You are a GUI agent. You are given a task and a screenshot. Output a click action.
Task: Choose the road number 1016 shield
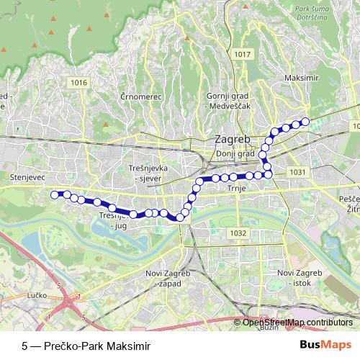point(79,83)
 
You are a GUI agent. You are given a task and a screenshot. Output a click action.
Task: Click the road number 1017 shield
point(243,55)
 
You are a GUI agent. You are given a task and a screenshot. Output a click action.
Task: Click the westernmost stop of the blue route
point(54,194)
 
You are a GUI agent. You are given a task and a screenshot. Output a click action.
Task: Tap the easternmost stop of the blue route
point(305,122)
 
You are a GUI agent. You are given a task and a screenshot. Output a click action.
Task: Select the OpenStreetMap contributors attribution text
point(297,322)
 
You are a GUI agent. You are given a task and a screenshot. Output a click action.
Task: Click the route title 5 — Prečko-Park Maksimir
point(87,345)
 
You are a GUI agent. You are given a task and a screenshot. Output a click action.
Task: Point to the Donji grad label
point(236,153)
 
